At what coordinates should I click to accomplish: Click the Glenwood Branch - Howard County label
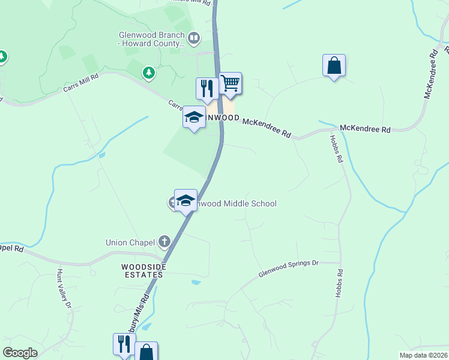coord(151,39)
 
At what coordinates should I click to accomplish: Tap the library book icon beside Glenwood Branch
coord(194,40)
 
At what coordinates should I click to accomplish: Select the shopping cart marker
coord(230,84)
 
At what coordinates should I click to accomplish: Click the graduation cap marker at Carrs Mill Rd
coord(194,118)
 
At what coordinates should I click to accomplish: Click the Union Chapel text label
coord(125,243)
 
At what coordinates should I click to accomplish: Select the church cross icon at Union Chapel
coord(164,242)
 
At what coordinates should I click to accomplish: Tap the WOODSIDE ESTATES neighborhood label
coord(142,271)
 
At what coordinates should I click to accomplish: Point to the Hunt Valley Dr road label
coord(63,289)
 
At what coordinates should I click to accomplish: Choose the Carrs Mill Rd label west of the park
coord(79,85)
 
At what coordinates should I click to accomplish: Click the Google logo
coord(20,353)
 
